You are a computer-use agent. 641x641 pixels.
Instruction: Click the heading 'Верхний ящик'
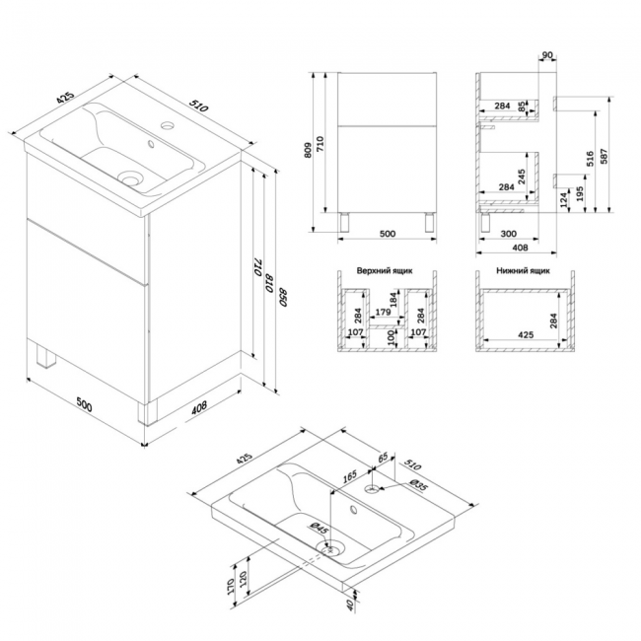point(385,270)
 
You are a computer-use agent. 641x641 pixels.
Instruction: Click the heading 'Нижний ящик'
point(523,270)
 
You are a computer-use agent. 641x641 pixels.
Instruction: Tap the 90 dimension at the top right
point(547,55)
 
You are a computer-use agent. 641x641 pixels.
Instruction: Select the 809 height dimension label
point(309,150)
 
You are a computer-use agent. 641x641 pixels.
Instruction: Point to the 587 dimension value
point(605,156)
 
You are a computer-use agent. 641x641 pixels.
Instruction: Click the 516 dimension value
point(590,159)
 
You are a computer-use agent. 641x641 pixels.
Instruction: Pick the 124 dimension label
point(564,200)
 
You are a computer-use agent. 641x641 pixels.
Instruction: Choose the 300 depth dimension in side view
point(508,234)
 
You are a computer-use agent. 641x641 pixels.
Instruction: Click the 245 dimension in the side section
point(522,177)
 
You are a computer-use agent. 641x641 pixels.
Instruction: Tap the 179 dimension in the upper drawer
point(383,312)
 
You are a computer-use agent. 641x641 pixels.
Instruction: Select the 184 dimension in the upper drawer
point(393,299)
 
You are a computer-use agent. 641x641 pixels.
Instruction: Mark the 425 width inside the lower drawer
point(526,335)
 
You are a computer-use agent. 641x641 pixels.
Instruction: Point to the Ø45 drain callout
point(320,528)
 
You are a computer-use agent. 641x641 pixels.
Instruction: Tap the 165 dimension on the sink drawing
point(349,476)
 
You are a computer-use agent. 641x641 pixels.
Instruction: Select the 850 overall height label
point(283,297)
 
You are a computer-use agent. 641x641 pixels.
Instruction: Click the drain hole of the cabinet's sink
point(131,178)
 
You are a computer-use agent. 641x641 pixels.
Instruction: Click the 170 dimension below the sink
point(230,586)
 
